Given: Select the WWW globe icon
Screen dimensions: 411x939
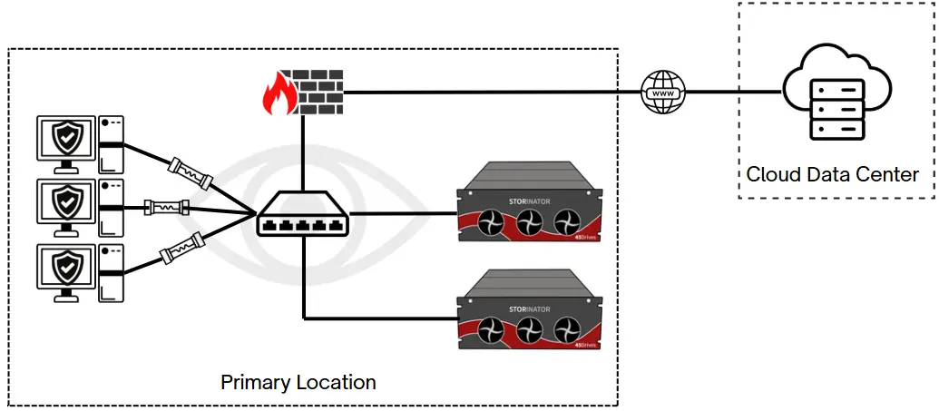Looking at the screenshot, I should [x=663, y=92].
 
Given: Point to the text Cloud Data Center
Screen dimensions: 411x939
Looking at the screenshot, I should [x=832, y=173].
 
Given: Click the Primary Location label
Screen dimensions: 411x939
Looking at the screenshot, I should [x=298, y=382].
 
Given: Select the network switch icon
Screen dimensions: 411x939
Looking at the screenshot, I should [x=301, y=215].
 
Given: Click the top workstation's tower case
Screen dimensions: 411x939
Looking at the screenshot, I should [x=111, y=144].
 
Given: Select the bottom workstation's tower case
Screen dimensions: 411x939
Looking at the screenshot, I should [x=111, y=271].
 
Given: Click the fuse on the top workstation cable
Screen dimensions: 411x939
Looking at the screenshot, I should [x=190, y=173].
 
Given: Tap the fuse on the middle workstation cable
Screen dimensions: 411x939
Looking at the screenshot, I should [x=166, y=208].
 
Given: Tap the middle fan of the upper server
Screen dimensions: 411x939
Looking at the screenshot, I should [x=529, y=222].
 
